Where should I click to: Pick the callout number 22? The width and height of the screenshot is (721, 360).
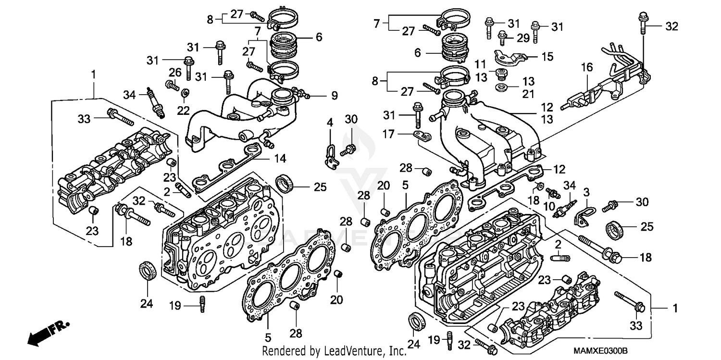coord(183,110)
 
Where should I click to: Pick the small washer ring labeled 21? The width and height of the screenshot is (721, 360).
coord(502,88)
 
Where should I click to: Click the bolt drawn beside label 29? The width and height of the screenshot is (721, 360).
coord(503,36)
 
